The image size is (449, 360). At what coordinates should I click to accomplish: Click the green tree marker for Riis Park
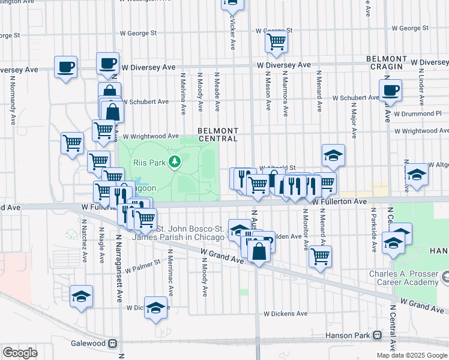click(175, 161)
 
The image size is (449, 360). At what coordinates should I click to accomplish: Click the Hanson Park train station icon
click(377, 335)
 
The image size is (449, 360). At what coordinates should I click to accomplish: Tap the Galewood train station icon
click(112, 343)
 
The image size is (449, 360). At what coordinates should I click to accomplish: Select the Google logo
click(20, 352)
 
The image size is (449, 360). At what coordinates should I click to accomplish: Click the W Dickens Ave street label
click(286, 313)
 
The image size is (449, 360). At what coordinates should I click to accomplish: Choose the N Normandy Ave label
click(12, 100)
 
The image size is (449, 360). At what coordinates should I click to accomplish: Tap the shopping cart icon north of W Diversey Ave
click(276, 41)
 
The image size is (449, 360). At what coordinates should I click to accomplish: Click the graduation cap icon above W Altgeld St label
click(333, 155)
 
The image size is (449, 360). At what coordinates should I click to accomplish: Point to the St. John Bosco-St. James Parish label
click(190, 233)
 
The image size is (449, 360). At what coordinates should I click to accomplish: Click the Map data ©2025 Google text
click(412, 355)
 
